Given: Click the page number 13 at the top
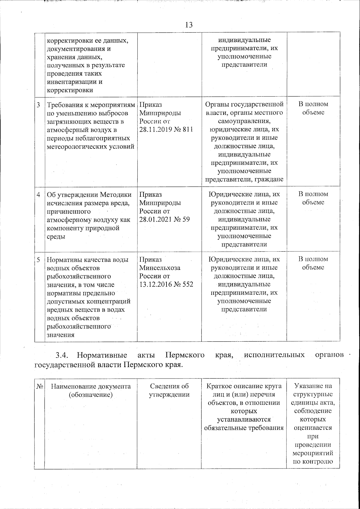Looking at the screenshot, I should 189,25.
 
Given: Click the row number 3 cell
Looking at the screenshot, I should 39,105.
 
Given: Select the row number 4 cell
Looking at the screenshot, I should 39,194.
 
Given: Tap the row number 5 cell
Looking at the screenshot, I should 39,260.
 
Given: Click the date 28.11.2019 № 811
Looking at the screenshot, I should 166,130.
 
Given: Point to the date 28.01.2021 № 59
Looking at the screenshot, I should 164,219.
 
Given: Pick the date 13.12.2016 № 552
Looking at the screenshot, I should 166,284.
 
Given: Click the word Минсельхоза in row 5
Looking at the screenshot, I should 160,268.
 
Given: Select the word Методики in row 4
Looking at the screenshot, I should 115,194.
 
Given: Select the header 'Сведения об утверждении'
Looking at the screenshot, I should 169,390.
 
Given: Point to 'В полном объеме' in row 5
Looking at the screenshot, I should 313,263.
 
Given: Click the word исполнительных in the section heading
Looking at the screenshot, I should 274,355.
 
